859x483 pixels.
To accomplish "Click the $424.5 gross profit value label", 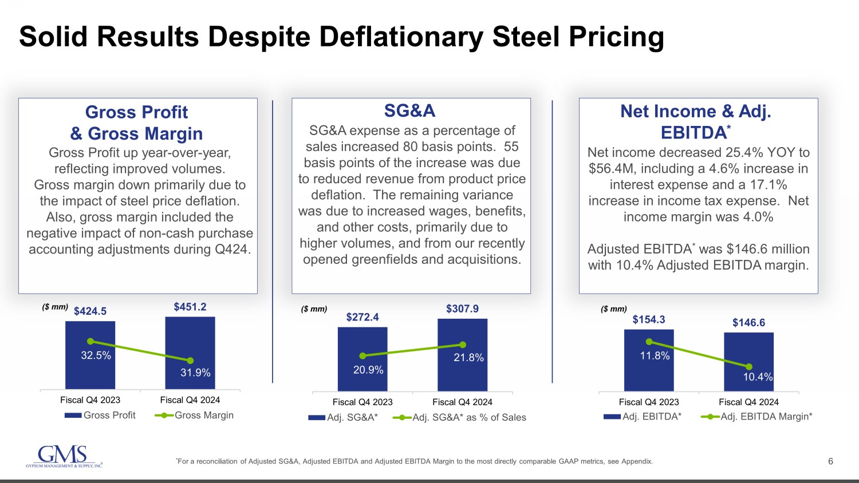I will click(90, 311).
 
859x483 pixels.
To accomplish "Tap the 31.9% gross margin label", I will click(195, 373).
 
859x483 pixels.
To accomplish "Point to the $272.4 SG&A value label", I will click(362, 317).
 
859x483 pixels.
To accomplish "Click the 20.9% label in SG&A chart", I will click(368, 370).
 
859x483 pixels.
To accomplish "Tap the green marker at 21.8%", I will click(463, 345).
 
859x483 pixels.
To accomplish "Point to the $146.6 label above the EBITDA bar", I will click(748, 323).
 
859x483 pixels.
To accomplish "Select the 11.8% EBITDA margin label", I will click(655, 356).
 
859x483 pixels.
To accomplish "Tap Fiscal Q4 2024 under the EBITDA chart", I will click(748, 402).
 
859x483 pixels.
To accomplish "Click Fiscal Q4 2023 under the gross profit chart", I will click(90, 400).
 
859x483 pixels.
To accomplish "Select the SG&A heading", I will click(409, 110).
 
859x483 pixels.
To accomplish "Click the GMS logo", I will click(64, 457).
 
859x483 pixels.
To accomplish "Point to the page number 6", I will click(830, 461).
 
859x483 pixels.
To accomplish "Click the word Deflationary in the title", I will click(401, 37).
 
